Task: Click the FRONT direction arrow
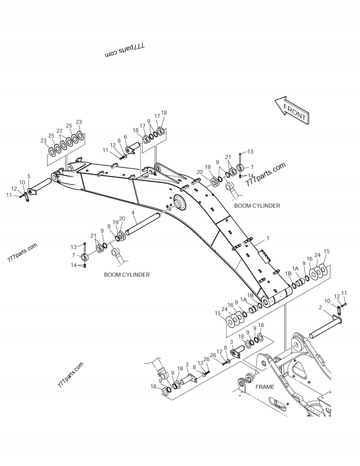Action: pos(292,110)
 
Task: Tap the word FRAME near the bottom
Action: pos(265,387)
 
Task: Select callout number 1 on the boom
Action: pos(268,237)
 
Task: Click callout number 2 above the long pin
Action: pos(320,308)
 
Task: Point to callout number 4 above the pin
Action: pos(133,212)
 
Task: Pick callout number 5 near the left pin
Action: pos(29,176)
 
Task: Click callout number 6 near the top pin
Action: pos(126,137)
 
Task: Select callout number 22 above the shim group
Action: pos(59,131)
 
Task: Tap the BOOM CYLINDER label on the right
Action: pos(257,205)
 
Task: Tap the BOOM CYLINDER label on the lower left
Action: pos(127,274)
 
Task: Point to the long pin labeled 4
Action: pos(143,224)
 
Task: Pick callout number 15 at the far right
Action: pos(327,251)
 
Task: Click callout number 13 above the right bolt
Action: pos(251,152)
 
